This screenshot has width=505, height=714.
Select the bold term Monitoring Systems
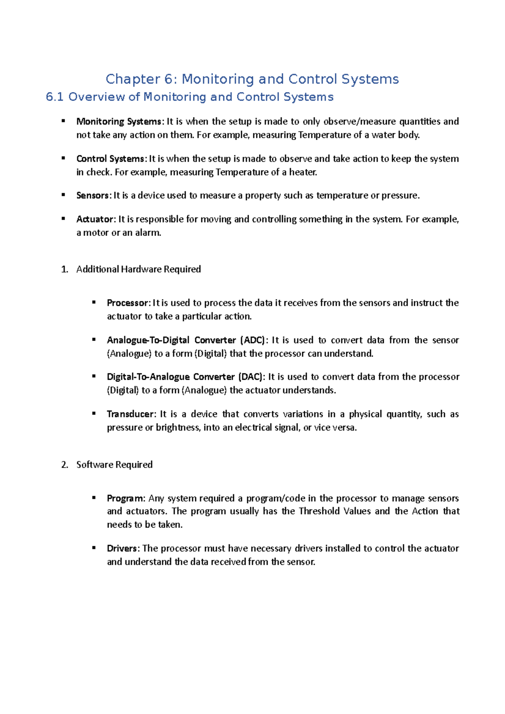tap(118, 122)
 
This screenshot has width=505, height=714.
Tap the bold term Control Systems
tap(110, 159)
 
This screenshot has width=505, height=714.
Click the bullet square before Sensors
tap(64, 195)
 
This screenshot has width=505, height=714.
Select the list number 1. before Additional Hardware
tap(64, 270)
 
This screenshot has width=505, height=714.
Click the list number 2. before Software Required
tap(64, 465)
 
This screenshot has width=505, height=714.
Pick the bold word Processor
tap(128, 303)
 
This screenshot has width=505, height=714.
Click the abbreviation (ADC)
tap(252, 340)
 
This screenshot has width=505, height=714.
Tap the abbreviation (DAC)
tap(251, 377)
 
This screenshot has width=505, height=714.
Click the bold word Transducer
tap(130, 414)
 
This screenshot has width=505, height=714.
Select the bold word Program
tap(125, 499)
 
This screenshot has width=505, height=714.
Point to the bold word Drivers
tap(122, 548)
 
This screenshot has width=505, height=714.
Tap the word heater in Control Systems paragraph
tap(303, 172)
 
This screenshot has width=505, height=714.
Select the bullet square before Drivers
tap(94, 547)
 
